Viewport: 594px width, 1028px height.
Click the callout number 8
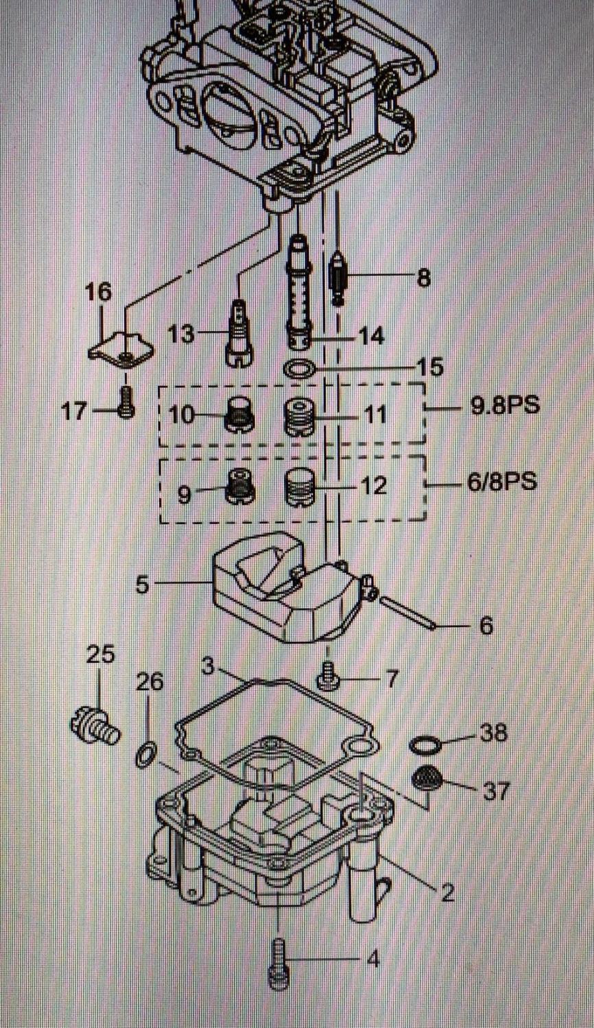pyautogui.click(x=424, y=278)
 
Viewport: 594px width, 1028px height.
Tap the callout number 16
pyautogui.click(x=98, y=292)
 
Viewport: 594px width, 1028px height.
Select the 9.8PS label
pyautogui.click(x=505, y=406)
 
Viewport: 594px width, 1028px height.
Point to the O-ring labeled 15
pyautogui.click(x=299, y=369)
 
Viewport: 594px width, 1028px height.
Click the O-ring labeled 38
pyautogui.click(x=425, y=744)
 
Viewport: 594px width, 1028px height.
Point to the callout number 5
pyautogui.click(x=142, y=585)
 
